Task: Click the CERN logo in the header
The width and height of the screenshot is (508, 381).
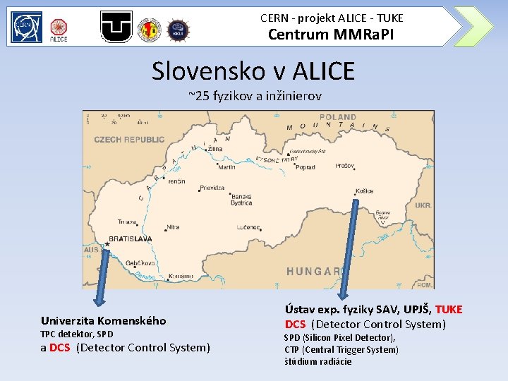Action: [26, 26]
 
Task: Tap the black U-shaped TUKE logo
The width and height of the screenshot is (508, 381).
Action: [116, 27]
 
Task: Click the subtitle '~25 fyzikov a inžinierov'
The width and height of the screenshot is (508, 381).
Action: [255, 95]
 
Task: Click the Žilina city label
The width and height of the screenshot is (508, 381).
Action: [215, 150]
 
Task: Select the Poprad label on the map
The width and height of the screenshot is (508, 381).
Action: [306, 167]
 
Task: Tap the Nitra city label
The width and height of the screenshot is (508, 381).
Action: [173, 228]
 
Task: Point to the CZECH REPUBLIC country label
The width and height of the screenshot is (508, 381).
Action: [129, 140]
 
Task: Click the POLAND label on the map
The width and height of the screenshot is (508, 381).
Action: [338, 117]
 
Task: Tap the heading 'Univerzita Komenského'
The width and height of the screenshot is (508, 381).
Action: [104, 320]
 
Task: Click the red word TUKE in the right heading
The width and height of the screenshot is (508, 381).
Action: [449, 309]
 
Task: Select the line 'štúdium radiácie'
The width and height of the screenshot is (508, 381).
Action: [317, 361]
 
